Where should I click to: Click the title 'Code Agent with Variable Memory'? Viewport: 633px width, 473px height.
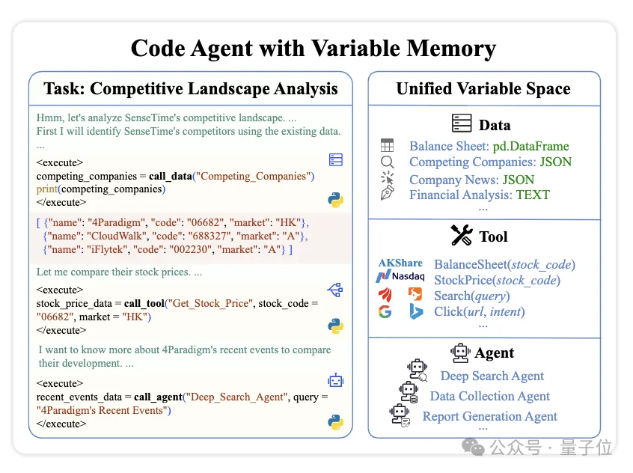click(x=313, y=49)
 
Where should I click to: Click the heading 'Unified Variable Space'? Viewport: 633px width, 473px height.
click(x=483, y=89)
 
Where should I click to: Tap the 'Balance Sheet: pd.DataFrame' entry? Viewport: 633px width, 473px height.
click(x=489, y=147)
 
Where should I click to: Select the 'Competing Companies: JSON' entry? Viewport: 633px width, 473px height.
click(x=490, y=162)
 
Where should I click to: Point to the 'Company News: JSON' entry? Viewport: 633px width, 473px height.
click(x=471, y=180)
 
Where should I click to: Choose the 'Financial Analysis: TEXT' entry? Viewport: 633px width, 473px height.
click(x=479, y=195)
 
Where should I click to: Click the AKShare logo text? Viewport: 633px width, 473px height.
click(x=400, y=263)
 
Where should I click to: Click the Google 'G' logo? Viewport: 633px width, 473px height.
click(x=385, y=311)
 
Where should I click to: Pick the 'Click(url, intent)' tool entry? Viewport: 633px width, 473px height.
click(x=479, y=311)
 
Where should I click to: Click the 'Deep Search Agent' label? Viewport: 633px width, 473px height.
click(x=492, y=376)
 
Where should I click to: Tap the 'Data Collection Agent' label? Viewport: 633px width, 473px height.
click(x=489, y=397)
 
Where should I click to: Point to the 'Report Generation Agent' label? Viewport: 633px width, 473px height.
click(x=489, y=417)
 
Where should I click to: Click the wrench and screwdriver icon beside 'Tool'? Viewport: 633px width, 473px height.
click(x=462, y=236)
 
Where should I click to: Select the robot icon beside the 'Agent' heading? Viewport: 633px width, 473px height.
click(x=460, y=353)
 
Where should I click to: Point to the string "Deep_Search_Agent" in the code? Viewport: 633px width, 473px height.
click(x=237, y=397)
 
